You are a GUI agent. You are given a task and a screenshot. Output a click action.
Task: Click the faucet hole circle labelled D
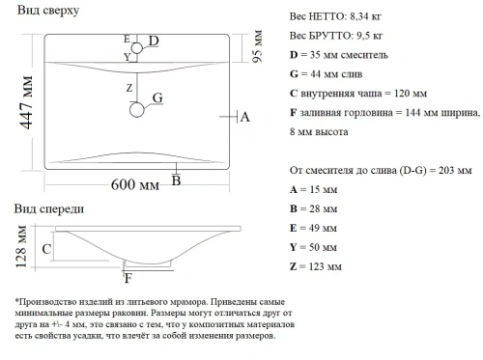tap(135, 44)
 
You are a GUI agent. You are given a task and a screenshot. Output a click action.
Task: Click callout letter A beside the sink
tap(244, 117)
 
